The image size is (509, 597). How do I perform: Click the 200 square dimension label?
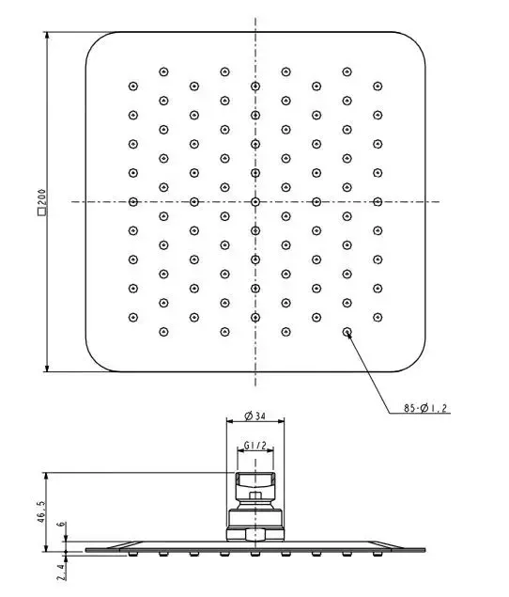42,202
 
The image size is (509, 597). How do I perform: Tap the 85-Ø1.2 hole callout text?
425,408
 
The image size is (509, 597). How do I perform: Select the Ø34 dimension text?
254,416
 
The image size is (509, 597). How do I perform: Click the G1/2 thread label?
254,445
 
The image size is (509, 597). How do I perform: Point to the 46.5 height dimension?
42,511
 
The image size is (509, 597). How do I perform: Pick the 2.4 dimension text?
61,573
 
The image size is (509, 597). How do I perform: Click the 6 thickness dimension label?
61,525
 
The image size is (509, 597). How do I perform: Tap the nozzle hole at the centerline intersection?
255,202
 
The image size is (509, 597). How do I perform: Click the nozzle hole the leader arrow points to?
347,332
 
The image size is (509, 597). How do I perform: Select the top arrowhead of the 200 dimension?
47,36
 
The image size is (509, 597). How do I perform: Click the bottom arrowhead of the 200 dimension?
47,368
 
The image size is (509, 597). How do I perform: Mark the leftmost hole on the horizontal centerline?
133,202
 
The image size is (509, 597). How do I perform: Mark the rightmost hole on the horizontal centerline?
378,202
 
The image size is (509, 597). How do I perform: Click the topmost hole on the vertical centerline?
255,86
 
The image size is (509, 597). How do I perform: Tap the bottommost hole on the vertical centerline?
255,317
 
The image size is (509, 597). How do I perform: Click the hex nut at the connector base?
255,534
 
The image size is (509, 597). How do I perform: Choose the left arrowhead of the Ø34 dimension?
230,420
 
